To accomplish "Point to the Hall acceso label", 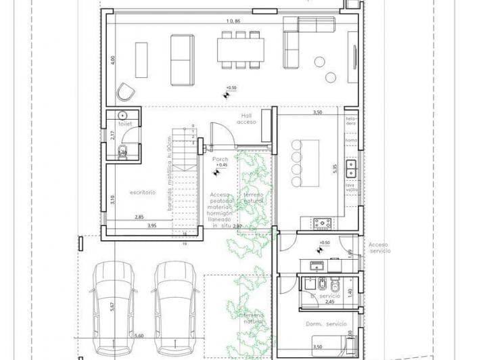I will pyautogui.click(x=246, y=119).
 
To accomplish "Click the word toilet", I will pyautogui.click(x=124, y=125).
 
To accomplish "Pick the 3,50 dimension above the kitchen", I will pyautogui.click(x=317, y=112).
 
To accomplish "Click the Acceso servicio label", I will pyautogui.click(x=380, y=248).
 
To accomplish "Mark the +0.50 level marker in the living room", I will pyautogui.click(x=231, y=89).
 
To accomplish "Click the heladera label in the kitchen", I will pyautogui.click(x=351, y=121).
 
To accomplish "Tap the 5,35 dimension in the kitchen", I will pyautogui.click(x=334, y=169).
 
